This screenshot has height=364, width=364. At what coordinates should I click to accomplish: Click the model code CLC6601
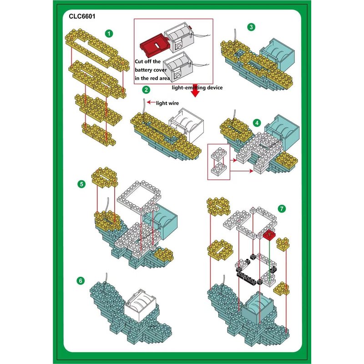click(82, 16)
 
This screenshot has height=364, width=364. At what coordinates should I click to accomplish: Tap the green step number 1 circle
click(109, 33)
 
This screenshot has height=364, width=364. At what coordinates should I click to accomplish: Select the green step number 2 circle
click(146, 90)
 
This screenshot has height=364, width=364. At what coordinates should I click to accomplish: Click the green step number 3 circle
click(251, 27)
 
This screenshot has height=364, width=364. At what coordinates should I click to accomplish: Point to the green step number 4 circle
click(257, 123)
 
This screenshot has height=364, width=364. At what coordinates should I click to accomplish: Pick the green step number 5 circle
click(81, 184)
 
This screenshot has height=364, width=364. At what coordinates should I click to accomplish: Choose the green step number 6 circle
click(81, 281)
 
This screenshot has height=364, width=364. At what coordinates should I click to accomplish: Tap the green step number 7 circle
click(282, 209)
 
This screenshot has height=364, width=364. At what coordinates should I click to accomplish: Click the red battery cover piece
click(154, 45)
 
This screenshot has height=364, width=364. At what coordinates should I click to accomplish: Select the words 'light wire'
click(167, 103)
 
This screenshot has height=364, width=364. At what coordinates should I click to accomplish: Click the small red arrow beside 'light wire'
click(151, 102)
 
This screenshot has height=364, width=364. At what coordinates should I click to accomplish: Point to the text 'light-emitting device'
click(197, 87)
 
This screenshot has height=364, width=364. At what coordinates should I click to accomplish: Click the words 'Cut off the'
click(148, 61)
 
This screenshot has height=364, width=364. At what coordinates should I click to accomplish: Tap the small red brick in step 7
click(269, 235)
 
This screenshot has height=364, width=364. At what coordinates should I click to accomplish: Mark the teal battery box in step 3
click(277, 55)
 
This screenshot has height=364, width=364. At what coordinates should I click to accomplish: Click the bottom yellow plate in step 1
click(99, 134)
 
